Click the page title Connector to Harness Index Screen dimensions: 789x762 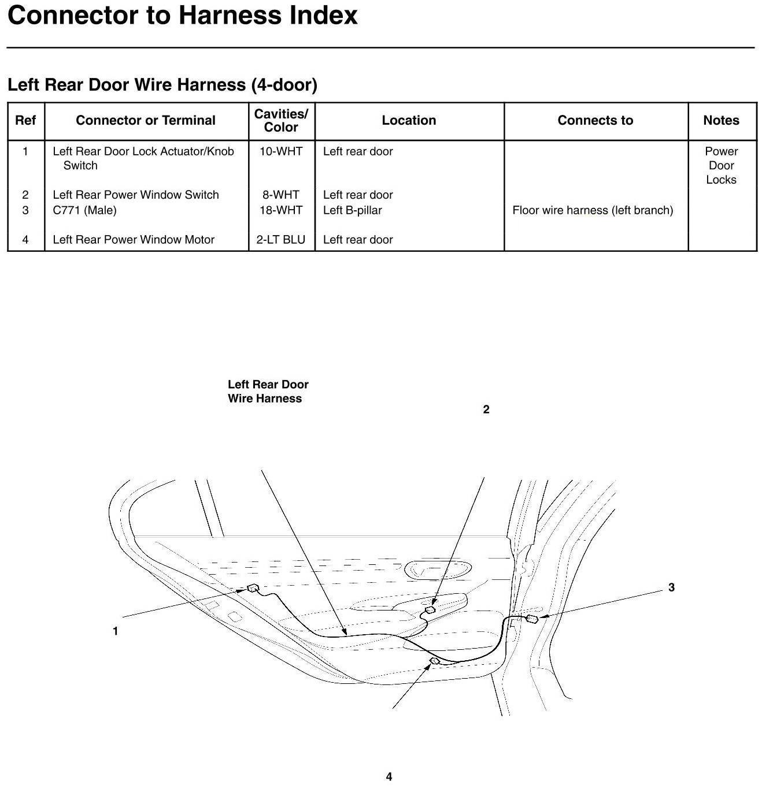coord(183,15)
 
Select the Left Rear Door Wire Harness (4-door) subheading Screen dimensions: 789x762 coord(162,85)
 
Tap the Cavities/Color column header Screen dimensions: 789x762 coord(281,121)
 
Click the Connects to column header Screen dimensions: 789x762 coord(595,121)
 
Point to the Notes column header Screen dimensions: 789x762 coord(721,121)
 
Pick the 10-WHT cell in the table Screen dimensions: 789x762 coord(281,151)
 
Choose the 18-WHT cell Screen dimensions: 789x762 coord(281,210)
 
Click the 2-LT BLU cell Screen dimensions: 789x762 coord(281,240)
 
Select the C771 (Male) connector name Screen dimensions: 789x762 coord(84,210)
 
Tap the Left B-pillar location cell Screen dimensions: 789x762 coord(352,210)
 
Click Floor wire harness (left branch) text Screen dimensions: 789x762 coord(593,210)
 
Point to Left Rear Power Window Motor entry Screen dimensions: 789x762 coord(134,240)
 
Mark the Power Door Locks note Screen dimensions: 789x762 coord(721,166)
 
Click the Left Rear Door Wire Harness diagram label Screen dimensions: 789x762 coord(268,392)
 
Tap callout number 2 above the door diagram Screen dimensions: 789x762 coord(486,410)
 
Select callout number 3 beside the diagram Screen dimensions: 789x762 coord(671,587)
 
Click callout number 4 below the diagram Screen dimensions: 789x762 coord(389,777)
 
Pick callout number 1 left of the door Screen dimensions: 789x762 coord(115,631)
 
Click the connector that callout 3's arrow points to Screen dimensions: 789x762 coord(532,619)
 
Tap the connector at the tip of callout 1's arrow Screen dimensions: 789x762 coord(253,589)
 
